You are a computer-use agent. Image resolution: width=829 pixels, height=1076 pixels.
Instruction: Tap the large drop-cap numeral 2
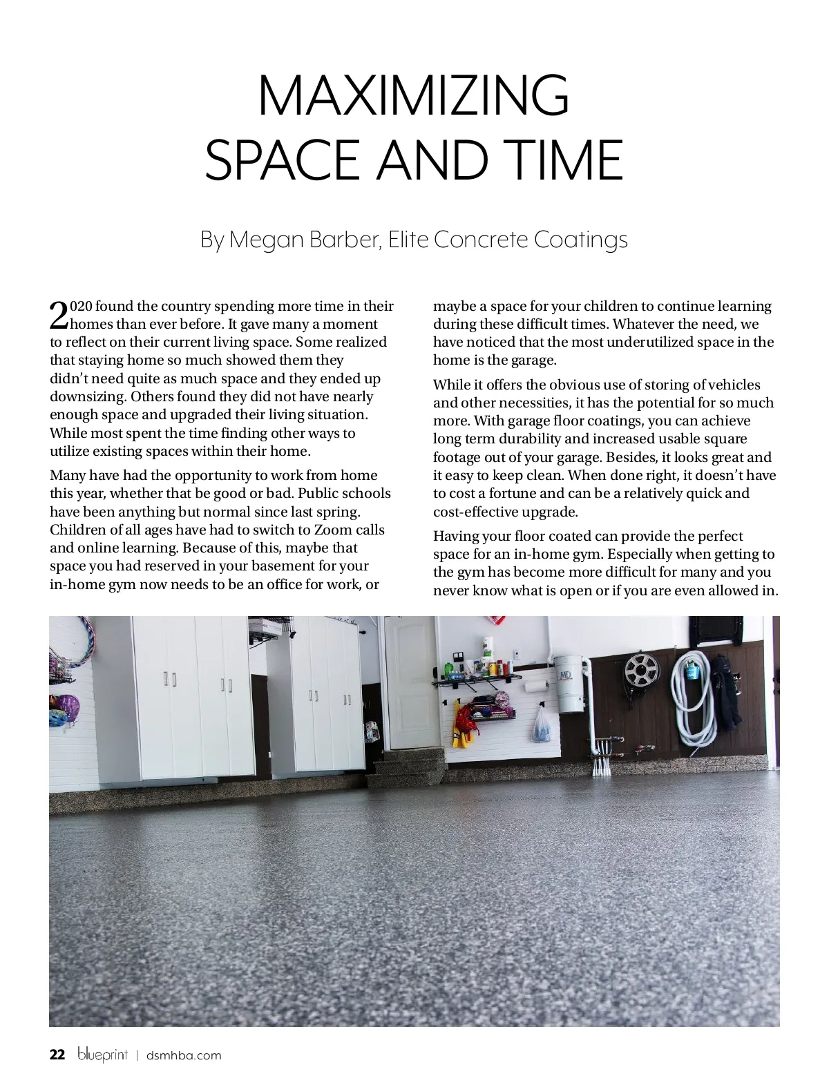(59, 315)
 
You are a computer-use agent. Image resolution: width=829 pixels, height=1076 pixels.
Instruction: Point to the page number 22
(57, 1055)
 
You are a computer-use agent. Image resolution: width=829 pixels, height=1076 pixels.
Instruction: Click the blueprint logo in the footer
(103, 1055)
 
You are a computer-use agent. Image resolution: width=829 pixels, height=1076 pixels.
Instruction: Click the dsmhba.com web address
(184, 1055)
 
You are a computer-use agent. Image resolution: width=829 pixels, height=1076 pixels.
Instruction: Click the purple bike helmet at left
(64, 710)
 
